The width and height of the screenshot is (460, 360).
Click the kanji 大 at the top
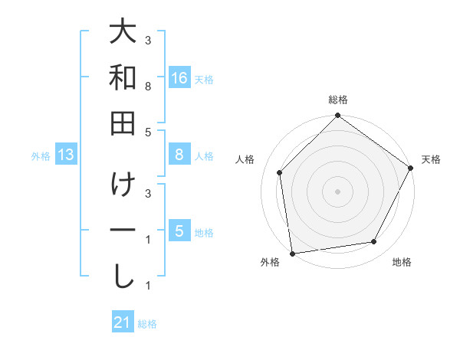tap(123, 34)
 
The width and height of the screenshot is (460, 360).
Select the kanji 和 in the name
tap(123, 78)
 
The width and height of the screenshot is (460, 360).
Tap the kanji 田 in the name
tap(123, 123)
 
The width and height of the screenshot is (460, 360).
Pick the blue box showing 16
tap(179, 78)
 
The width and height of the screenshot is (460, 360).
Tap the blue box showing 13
tap(66, 155)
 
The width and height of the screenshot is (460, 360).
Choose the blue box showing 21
tap(123, 322)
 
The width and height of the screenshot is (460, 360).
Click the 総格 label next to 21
tap(147, 324)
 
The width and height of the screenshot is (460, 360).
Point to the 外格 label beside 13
tap(41, 156)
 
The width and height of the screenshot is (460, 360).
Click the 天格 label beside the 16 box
tap(204, 79)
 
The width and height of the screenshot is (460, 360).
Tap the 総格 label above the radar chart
tap(338, 100)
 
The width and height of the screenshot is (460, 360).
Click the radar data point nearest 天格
tap(411, 169)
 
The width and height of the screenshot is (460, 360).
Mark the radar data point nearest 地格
tap(374, 242)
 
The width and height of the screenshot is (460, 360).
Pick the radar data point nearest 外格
tap(292, 253)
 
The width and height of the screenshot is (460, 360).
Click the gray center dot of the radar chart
tap(337, 191)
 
